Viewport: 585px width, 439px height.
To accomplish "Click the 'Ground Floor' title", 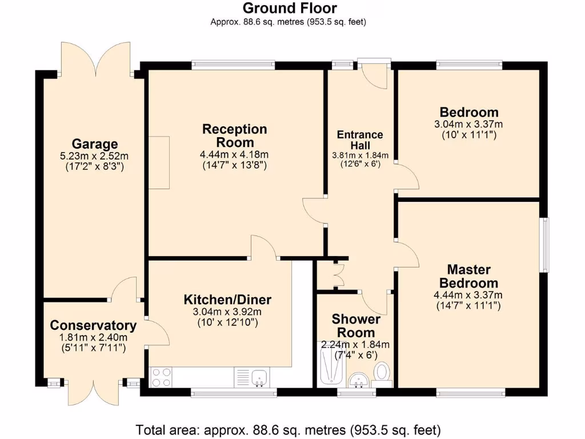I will coord(289,8).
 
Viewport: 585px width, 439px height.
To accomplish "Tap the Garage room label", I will coord(94,144).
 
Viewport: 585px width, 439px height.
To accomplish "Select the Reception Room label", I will coord(234,135).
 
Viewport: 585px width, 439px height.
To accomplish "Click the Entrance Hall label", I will coord(360,140).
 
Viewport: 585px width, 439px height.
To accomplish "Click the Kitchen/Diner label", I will coord(227,300).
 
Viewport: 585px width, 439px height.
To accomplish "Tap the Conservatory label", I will coord(93,326).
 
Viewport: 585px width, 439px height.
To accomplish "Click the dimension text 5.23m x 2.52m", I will coord(94,156).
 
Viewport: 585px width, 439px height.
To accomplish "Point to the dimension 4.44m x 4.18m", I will coord(234,154).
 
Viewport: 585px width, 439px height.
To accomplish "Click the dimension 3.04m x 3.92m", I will coord(227,312).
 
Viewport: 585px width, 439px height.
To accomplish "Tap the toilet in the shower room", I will coord(382,372).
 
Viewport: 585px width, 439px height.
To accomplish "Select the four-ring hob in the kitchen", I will coord(162,377).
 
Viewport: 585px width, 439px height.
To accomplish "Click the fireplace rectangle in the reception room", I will coord(159,163).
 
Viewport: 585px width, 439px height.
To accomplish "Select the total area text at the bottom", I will coord(288,429).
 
